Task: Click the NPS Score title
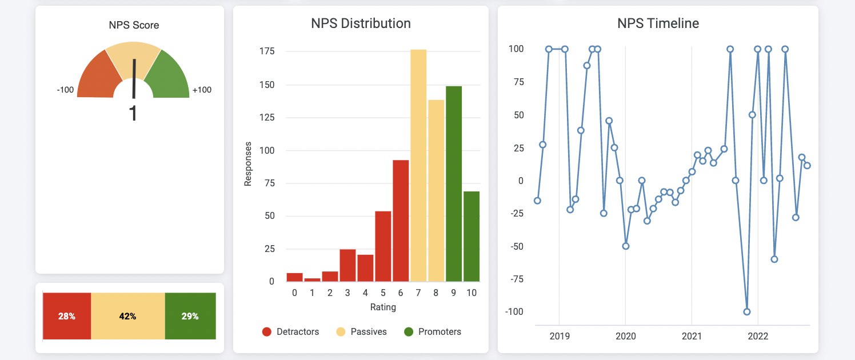(x=134, y=25)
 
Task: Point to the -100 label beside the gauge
(x=65, y=90)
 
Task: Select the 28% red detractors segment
(x=67, y=316)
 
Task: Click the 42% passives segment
(x=128, y=316)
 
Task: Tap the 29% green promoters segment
(x=190, y=316)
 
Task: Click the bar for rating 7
(x=418, y=166)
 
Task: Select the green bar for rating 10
(x=472, y=237)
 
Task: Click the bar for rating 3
(x=347, y=265)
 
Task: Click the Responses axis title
(x=248, y=163)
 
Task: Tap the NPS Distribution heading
(x=361, y=23)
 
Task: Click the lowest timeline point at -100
(x=746, y=311)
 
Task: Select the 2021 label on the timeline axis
(x=692, y=336)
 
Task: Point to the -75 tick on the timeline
(x=516, y=279)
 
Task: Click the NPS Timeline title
(x=658, y=23)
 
